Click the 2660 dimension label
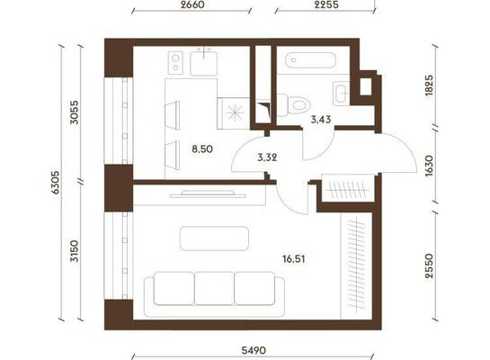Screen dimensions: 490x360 [192, 4]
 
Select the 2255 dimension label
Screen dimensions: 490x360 [326, 4]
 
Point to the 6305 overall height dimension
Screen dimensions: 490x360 [56, 183]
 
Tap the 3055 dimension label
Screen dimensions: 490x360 [75, 112]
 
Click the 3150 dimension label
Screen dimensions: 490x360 [75, 251]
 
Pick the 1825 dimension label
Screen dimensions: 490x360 [430, 85]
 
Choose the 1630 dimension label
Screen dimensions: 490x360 [430, 166]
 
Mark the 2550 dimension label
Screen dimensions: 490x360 [430, 265]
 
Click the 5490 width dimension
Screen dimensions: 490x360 [254, 350]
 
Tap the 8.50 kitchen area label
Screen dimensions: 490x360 [202, 148]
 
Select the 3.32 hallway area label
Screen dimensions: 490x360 [267, 157]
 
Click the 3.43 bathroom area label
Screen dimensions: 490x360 [321, 119]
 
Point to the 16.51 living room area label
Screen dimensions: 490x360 [294, 259]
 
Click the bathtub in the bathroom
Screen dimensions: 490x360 [310, 60]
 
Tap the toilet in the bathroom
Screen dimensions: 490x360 [294, 104]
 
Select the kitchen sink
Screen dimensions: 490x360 [204, 63]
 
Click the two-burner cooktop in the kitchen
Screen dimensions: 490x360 [175, 63]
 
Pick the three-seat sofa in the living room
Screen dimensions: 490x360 [214, 294]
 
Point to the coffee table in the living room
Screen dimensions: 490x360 [214, 238]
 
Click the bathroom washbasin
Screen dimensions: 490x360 [342, 93]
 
